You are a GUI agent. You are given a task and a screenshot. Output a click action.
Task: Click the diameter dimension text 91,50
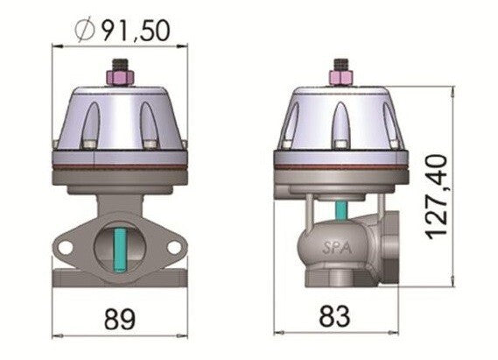pyautogui.click(x=132, y=31)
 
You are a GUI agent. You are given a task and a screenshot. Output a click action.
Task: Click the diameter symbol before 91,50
pyautogui.click(x=85, y=31)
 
